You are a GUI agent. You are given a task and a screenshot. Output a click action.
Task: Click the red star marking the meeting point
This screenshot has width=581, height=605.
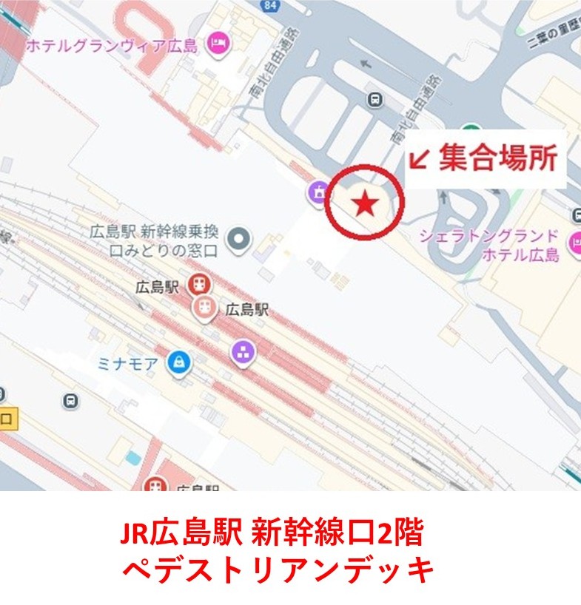pyautogui.click(x=364, y=203)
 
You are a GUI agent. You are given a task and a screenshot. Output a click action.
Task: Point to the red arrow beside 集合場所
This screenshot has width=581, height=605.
pyautogui.click(x=420, y=159)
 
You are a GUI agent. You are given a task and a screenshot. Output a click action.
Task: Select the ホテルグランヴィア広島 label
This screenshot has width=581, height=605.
pyautogui.click(x=112, y=46)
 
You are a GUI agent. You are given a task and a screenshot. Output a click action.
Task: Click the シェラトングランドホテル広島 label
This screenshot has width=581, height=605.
pyautogui.click(x=488, y=246)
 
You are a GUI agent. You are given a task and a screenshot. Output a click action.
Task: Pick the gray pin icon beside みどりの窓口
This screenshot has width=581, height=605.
pyautogui.click(x=239, y=238)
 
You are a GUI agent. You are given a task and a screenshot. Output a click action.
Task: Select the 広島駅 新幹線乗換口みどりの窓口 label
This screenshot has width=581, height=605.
pyautogui.click(x=153, y=240)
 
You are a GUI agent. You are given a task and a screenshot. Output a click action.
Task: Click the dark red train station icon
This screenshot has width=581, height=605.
pyautogui.click(x=198, y=283)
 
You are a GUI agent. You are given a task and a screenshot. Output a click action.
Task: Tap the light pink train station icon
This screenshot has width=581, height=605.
pyautogui.click(x=204, y=308)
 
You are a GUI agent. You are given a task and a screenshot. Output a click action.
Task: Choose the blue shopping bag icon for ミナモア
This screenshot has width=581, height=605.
pyautogui.click(x=178, y=362)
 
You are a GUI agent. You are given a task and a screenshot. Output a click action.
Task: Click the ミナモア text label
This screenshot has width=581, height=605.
pyautogui.click(x=128, y=363)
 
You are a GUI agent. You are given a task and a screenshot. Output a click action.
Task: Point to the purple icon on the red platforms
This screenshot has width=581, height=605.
pyautogui.click(x=243, y=353)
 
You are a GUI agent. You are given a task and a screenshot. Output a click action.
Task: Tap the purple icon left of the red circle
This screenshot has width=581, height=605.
pyautogui.click(x=318, y=193)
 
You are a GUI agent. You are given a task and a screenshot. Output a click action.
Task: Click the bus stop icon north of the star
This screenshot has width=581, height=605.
pyautogui.click(x=376, y=99)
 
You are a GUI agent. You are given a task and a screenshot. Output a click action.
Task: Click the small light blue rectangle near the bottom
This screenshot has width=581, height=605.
pyautogui.click(x=132, y=458)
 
